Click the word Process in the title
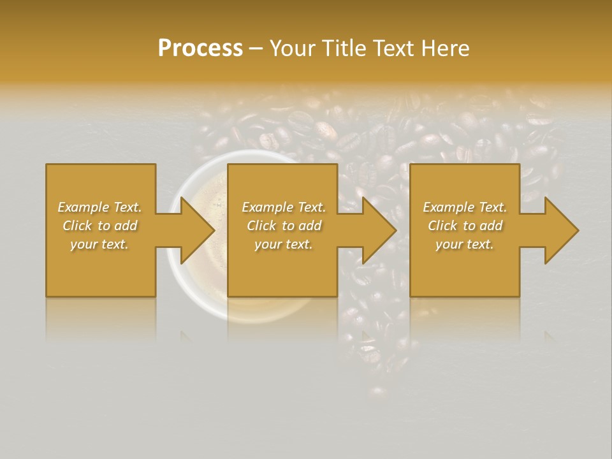(200, 48)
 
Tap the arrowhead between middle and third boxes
(379, 230)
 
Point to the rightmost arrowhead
(560, 230)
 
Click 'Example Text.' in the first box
(100, 207)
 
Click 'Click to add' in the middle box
(284, 226)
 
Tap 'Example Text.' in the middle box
(284, 207)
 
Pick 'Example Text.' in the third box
(465, 207)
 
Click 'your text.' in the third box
(464, 244)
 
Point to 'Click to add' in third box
(465, 226)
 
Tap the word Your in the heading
(291, 48)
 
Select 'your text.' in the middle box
(283, 244)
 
